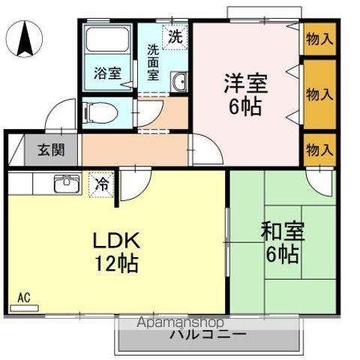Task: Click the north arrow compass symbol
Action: (x=24, y=39)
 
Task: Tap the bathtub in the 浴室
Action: (x=107, y=39)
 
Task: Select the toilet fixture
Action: (x=100, y=113)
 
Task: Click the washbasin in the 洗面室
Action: (x=178, y=81)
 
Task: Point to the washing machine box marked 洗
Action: (x=175, y=37)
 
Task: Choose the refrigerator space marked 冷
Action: (x=101, y=184)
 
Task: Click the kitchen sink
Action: (x=67, y=184)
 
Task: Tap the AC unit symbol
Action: (x=24, y=308)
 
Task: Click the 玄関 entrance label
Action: (x=51, y=150)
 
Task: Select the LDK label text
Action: (x=116, y=241)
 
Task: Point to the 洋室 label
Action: (x=246, y=83)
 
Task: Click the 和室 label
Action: (x=283, y=231)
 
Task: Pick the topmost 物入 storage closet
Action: (x=319, y=39)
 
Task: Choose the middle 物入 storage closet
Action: (x=319, y=94)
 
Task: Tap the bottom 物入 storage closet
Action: (x=319, y=150)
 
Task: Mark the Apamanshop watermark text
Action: (x=180, y=322)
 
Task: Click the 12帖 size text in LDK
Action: (x=116, y=264)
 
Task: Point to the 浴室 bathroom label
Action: (x=108, y=73)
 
